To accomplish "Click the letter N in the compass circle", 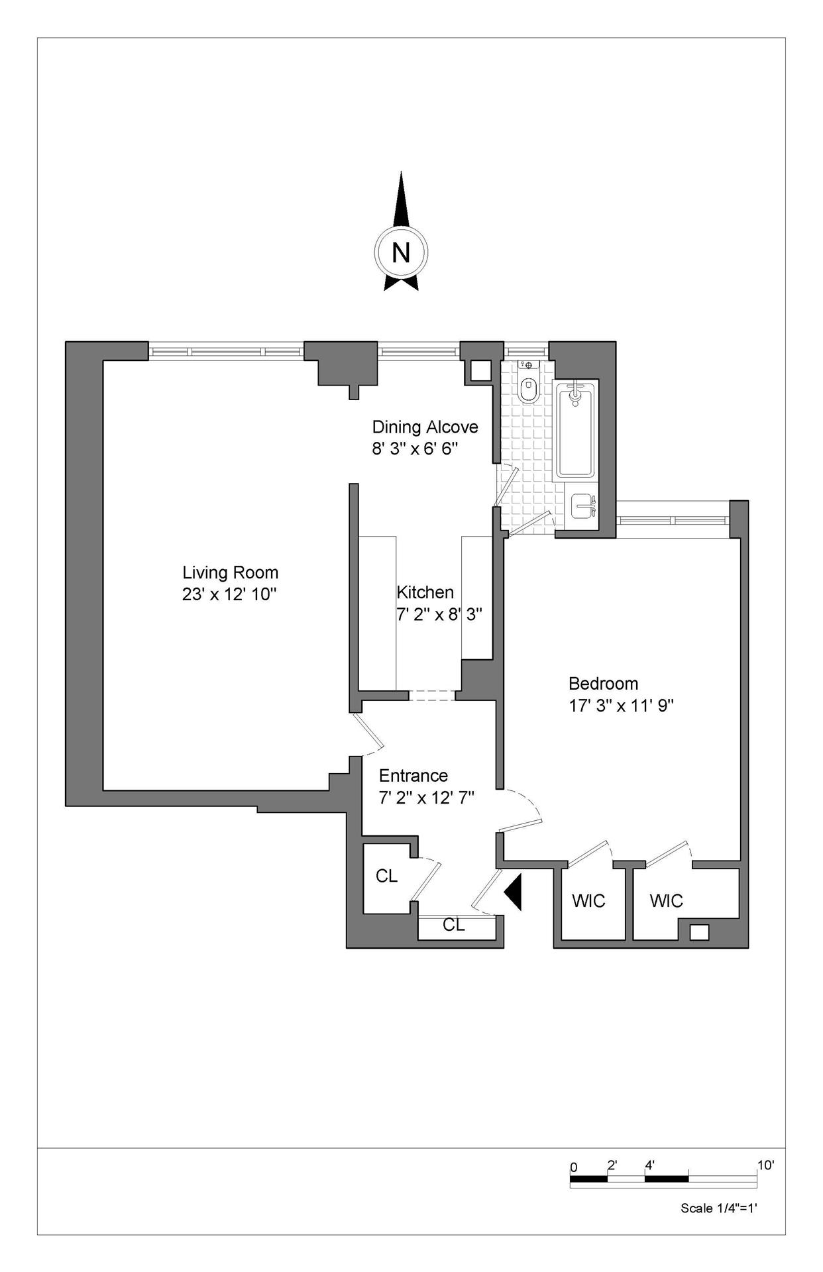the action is pos(401,252).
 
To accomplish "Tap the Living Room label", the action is pos(231,572).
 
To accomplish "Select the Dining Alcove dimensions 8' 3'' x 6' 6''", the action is pos(415,449).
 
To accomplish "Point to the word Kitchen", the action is pos(425,592).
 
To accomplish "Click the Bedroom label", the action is pos(604,683).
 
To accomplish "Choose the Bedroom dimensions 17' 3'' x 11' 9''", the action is pos(622,706).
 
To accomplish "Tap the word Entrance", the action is pos(413,776).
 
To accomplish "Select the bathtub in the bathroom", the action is pos(575,429).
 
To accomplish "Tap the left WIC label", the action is pos(588,901).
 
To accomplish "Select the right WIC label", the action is pos(666,901).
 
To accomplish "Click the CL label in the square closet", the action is pos(386,876).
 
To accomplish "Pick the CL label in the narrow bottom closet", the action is pos(454,925).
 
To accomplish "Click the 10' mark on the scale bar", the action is pos(765,1165).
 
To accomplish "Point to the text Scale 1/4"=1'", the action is pos(719,1208).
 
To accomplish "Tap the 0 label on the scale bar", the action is pos(574,1167).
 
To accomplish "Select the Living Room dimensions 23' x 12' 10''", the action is pos(229,594).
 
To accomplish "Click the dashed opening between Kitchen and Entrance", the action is pos(431,696).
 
